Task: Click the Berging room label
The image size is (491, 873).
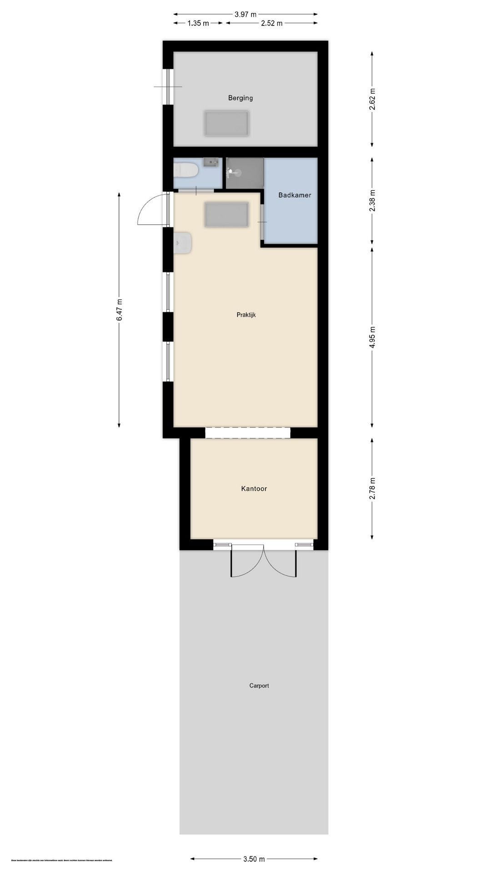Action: (x=240, y=98)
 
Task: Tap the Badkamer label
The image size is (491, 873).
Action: (x=295, y=195)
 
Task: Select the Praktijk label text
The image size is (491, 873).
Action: (x=246, y=315)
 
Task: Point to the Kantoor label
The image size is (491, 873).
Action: (x=254, y=489)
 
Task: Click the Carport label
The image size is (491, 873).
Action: (x=259, y=686)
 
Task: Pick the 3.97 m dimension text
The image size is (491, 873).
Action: (x=245, y=14)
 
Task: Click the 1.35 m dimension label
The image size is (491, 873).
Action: (x=198, y=23)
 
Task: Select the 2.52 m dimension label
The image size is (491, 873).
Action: (x=271, y=23)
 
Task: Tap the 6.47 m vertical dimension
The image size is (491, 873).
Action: (x=119, y=310)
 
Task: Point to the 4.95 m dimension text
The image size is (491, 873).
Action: (x=372, y=337)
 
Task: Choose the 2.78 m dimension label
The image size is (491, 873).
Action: (x=372, y=489)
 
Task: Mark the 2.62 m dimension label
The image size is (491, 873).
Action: (x=372, y=99)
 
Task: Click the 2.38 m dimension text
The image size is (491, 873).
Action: (x=372, y=201)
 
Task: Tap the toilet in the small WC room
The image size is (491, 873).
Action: (x=186, y=171)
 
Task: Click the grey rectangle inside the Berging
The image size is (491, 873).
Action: (x=226, y=124)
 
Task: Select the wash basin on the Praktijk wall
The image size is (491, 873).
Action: (x=183, y=243)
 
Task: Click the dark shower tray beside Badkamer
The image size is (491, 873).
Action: (x=245, y=173)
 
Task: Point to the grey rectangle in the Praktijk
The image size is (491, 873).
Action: (x=226, y=215)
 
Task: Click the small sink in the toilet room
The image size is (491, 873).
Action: (x=211, y=162)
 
